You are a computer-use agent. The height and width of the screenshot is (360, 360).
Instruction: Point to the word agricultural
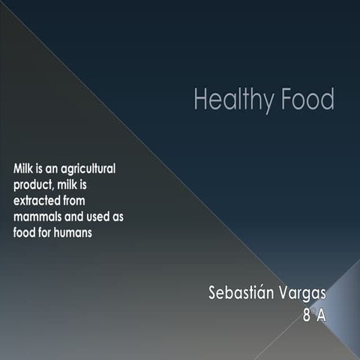tap(89, 168)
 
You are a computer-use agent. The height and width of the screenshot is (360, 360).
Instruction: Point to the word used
tap(103, 217)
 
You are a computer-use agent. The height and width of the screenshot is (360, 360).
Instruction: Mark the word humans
tap(80, 232)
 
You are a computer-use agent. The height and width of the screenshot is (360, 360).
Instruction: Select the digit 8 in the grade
tap(307, 316)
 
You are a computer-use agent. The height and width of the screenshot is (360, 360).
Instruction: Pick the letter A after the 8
tap(320, 316)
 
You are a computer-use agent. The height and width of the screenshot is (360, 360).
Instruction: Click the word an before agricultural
tap(53, 168)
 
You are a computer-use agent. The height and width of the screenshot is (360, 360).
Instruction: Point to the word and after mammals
tap(77, 217)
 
